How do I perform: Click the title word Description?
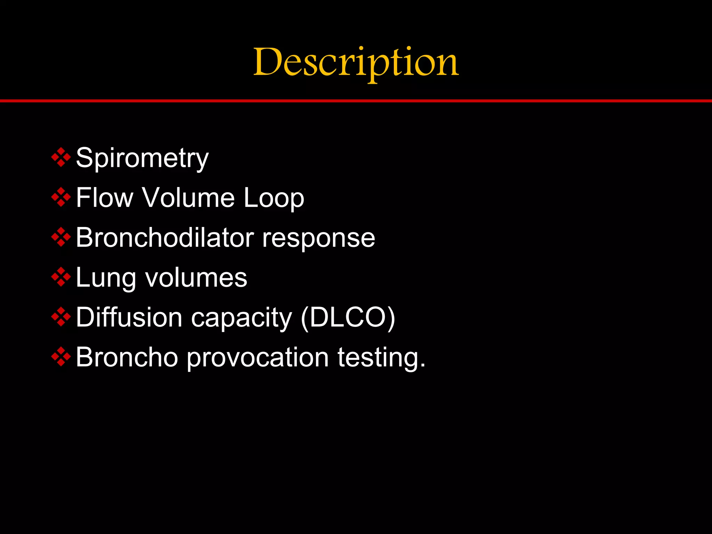click(356, 63)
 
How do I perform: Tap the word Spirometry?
click(142, 158)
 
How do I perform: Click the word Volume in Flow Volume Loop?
click(188, 197)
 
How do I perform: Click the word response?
click(318, 238)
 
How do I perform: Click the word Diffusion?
click(129, 317)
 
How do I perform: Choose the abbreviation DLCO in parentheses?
click(348, 317)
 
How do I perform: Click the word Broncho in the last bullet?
click(127, 357)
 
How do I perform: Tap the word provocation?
click(258, 358)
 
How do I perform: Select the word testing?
click(381, 358)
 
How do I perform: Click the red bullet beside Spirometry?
click(61, 157)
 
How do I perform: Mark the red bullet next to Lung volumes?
click(61, 277)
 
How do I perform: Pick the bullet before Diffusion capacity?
click(61, 317)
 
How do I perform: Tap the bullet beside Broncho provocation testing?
click(61, 357)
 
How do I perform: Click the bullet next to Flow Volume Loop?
click(61, 197)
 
